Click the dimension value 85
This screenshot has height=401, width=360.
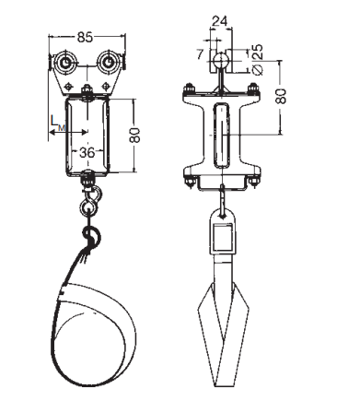85,38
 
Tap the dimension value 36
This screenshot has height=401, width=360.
87,152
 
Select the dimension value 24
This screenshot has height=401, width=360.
220,21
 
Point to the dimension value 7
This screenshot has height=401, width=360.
200,54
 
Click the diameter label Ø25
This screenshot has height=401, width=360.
258,59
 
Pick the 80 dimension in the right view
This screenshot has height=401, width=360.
281,96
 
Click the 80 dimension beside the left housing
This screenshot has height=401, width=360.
134,135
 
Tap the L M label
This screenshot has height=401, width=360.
58,123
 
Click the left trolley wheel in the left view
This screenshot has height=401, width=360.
65,63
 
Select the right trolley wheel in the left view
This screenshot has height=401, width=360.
108,63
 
